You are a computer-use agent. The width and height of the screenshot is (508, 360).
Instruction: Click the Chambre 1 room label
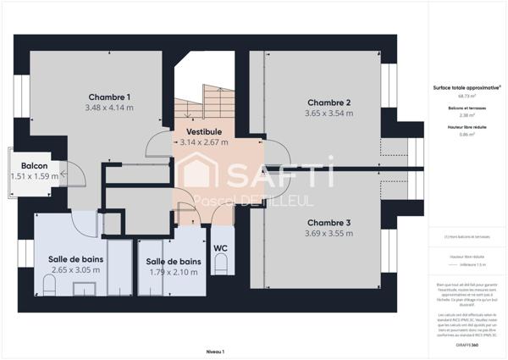109,97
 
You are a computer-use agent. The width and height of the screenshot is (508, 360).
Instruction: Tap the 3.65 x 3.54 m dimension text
329,114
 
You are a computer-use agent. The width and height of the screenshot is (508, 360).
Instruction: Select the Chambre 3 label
329,223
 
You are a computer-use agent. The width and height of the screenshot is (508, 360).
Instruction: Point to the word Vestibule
204,132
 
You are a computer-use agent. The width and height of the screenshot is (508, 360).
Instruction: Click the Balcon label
35,165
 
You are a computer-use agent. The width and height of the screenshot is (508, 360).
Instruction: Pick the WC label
221,248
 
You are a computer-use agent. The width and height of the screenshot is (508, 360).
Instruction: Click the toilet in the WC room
221,265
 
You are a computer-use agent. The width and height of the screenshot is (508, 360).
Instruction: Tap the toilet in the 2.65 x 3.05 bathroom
49,287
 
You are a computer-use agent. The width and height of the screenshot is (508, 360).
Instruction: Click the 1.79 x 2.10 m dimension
173,273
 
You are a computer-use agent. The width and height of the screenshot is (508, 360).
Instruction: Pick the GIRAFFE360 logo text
467,345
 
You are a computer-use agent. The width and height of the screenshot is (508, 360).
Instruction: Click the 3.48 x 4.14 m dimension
109,108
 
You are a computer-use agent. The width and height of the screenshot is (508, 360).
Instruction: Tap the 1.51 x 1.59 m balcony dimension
35,176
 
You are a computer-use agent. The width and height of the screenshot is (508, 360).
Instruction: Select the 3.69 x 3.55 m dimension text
329,234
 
